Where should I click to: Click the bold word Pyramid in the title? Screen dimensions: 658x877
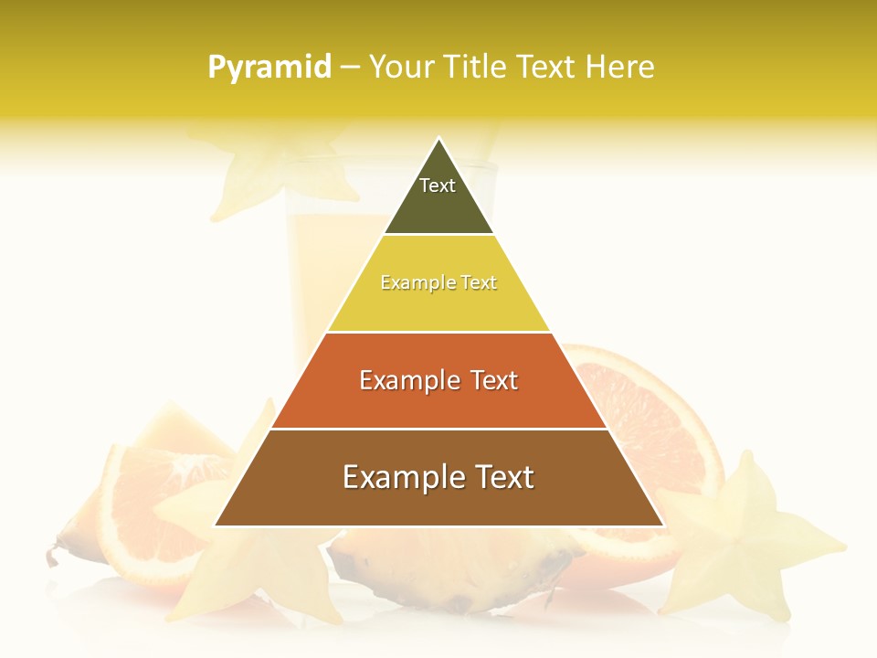(x=269, y=68)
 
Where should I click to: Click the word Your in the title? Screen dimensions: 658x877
(x=400, y=68)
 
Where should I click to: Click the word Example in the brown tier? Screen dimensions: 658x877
(x=400, y=477)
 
